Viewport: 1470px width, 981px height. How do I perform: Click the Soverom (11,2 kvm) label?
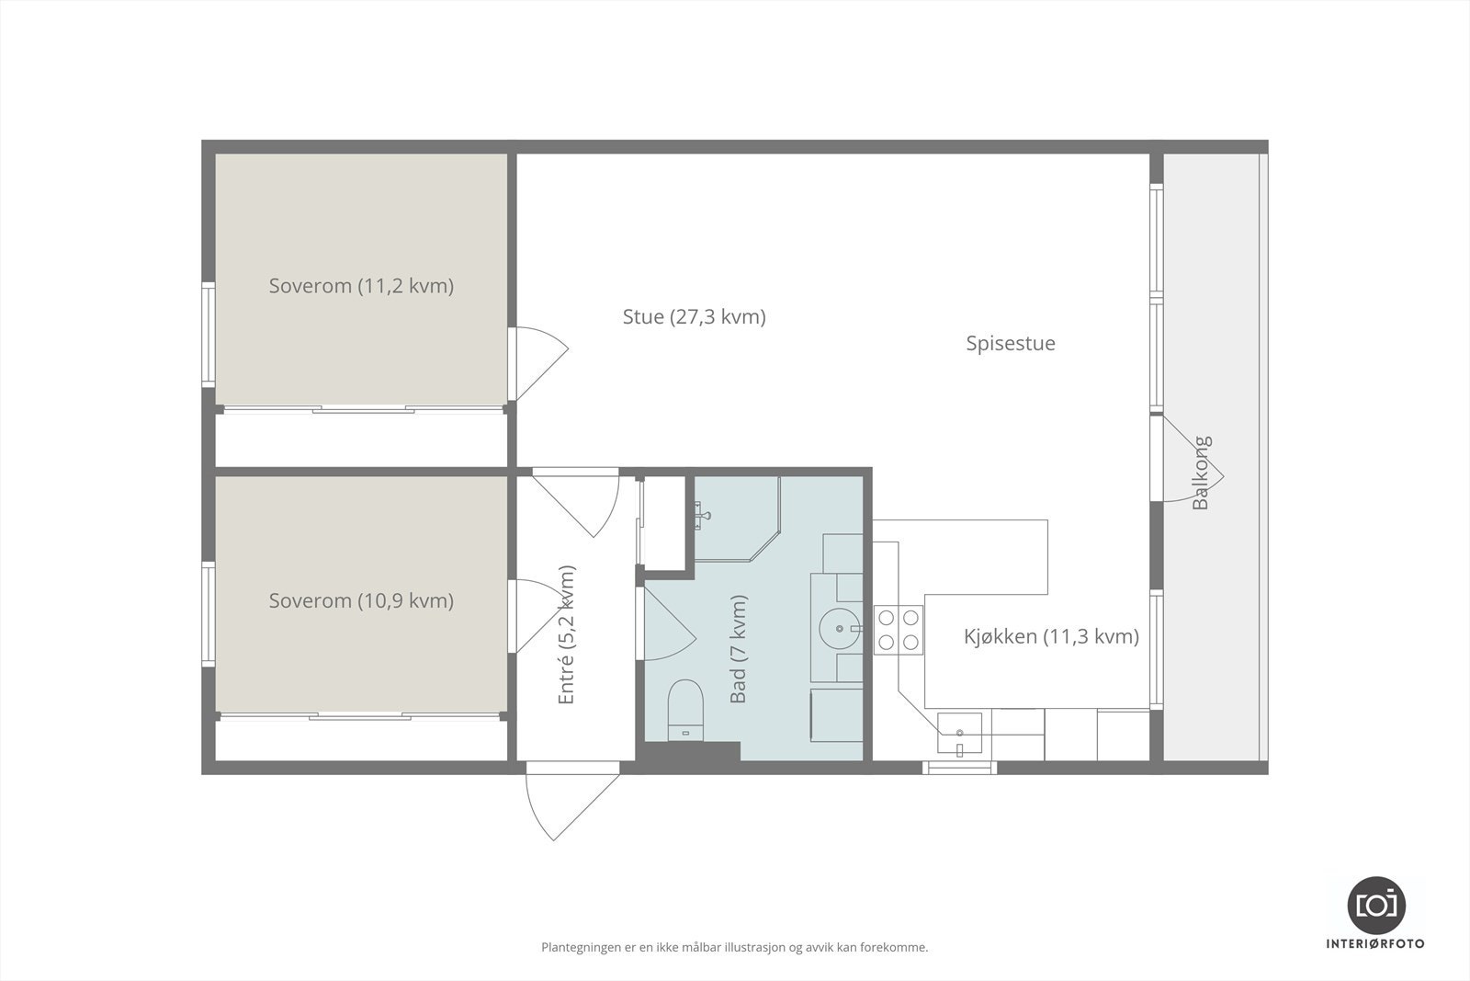click(x=361, y=286)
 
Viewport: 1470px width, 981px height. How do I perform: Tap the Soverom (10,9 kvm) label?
click(x=361, y=601)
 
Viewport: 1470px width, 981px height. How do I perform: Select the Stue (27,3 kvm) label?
click(x=694, y=317)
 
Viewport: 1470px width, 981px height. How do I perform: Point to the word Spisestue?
click(x=1011, y=344)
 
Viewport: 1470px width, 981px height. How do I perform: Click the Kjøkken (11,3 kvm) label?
click(x=1051, y=636)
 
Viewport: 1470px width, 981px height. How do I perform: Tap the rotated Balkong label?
click(x=1201, y=473)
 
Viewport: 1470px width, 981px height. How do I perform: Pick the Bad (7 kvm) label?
click(x=738, y=649)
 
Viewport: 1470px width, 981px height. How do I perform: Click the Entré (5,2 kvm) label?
click(x=566, y=634)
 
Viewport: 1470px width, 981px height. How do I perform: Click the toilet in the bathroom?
click(x=684, y=708)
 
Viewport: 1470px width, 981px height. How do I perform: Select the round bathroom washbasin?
click(x=840, y=629)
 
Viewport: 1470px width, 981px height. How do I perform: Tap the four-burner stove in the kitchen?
click(x=898, y=630)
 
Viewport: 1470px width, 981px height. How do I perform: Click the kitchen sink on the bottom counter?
click(x=959, y=733)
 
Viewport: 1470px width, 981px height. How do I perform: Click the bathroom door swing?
click(x=665, y=625)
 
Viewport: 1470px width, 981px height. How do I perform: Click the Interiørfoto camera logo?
click(x=1375, y=905)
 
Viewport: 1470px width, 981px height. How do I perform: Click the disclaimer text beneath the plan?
click(x=734, y=947)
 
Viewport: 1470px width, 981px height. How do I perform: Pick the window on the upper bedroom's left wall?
click(x=209, y=333)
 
